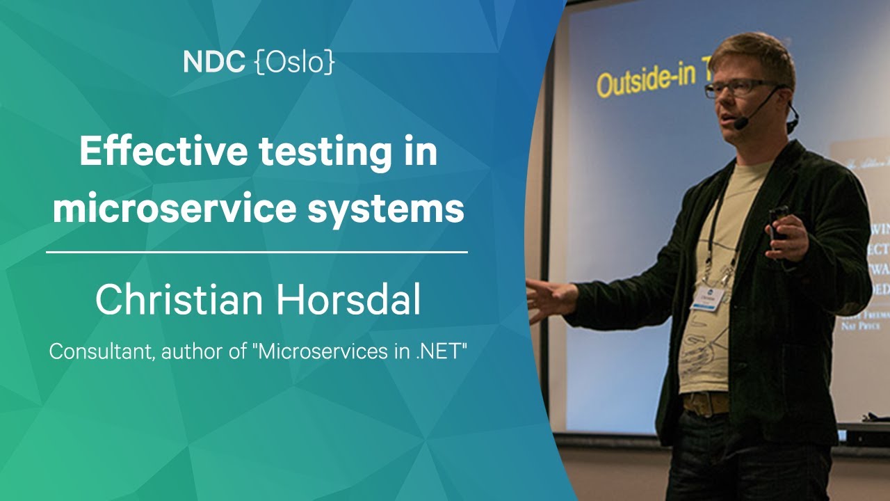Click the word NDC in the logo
(213, 63)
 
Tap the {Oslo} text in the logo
(295, 63)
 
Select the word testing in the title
(324, 153)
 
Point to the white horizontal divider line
(257, 252)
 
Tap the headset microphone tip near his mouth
(741, 124)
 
